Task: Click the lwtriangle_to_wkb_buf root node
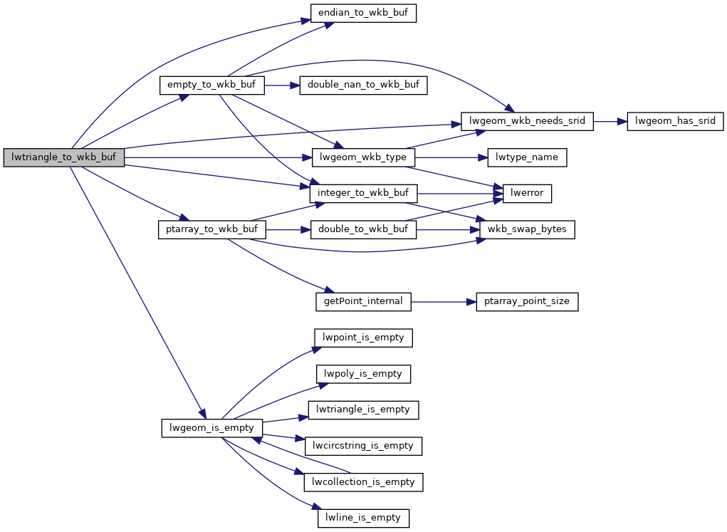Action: tap(64, 157)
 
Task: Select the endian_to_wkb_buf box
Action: tap(363, 14)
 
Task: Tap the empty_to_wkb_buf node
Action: tap(211, 85)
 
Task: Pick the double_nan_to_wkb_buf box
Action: tap(363, 85)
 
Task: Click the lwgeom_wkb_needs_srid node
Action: tap(527, 121)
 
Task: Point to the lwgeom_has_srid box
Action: tap(674, 121)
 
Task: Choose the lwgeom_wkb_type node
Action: tap(363, 157)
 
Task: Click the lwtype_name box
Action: tap(527, 157)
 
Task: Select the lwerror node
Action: tap(527, 193)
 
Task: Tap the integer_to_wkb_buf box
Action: tap(363, 193)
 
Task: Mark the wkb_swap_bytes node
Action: tap(527, 229)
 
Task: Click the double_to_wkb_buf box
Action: tap(363, 229)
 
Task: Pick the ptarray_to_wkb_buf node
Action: tap(211, 229)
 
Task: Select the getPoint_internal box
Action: tap(363, 301)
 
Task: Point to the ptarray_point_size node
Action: tap(527, 301)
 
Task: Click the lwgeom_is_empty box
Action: tap(211, 427)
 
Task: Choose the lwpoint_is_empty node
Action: tap(363, 338)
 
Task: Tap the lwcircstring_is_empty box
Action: tap(363, 446)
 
